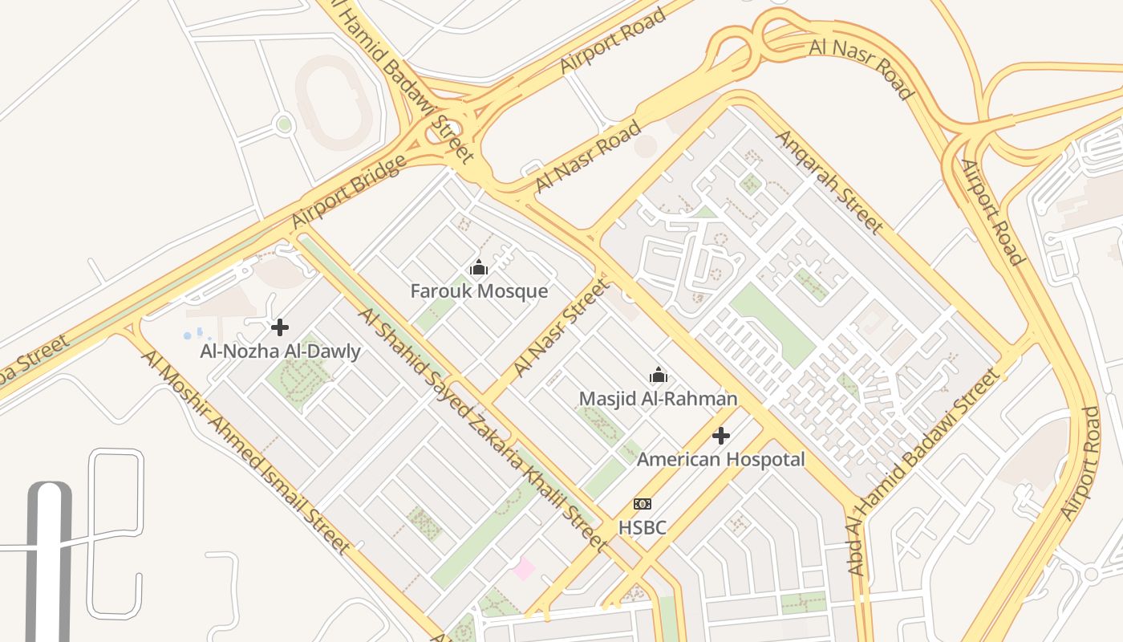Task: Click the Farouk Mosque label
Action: click(x=479, y=291)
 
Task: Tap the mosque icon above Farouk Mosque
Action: click(x=479, y=267)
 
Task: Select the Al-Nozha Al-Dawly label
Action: click(x=280, y=351)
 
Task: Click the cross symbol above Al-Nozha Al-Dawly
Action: click(x=280, y=327)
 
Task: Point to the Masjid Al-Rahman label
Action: click(x=658, y=399)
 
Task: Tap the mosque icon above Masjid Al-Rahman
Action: click(x=659, y=375)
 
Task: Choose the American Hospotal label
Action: click(x=720, y=460)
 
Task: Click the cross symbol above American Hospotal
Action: click(x=721, y=436)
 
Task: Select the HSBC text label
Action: click(x=642, y=528)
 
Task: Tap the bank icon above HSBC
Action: click(x=642, y=504)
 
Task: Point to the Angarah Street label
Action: click(x=829, y=182)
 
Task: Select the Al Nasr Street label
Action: click(x=561, y=327)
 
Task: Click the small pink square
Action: click(x=524, y=569)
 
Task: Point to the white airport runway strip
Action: click(x=49, y=562)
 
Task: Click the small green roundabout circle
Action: click(x=283, y=124)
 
